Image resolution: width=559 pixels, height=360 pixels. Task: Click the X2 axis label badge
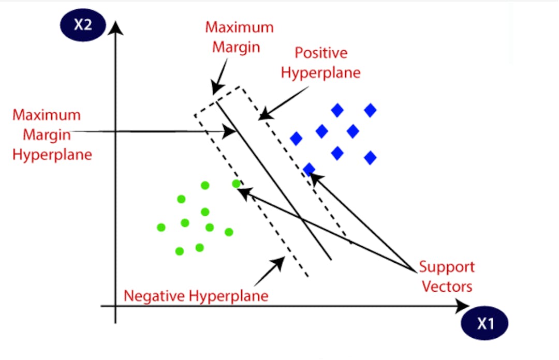click(x=83, y=25)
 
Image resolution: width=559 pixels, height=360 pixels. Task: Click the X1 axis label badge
click(x=485, y=324)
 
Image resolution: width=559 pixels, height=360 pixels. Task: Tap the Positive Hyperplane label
click(x=321, y=63)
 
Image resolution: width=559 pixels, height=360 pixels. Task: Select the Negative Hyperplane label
click(x=196, y=296)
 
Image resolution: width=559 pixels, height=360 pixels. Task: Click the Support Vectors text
click(x=446, y=277)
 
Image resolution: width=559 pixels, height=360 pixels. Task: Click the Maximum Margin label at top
click(x=232, y=37)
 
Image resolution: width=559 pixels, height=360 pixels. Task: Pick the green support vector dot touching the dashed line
click(x=237, y=184)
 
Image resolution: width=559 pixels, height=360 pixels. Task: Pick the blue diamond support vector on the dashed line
click(x=309, y=169)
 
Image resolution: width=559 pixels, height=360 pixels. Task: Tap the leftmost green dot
click(x=161, y=227)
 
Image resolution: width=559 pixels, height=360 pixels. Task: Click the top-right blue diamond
click(x=370, y=110)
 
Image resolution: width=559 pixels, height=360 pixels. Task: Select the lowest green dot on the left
click(x=180, y=251)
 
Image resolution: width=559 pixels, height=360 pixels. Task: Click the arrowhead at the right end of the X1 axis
click(x=459, y=307)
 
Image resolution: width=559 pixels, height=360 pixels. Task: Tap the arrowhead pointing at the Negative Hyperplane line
click(x=280, y=262)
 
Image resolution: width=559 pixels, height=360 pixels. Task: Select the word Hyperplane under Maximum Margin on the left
click(x=52, y=154)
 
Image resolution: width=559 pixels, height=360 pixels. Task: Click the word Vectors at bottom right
click(x=447, y=286)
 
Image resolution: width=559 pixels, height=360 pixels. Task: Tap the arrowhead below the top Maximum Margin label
click(x=216, y=89)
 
